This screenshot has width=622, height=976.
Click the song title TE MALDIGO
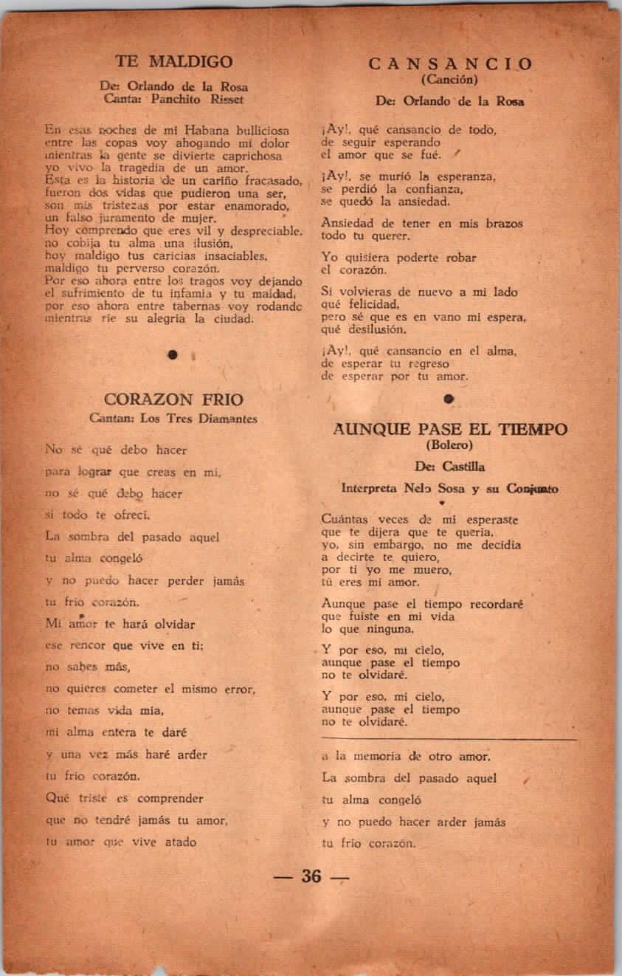pyautogui.click(x=174, y=61)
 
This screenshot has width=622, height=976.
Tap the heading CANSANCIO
pyautogui.click(x=450, y=64)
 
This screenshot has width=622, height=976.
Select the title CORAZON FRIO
pyautogui.click(x=174, y=400)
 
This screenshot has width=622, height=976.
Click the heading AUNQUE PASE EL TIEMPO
pyautogui.click(x=450, y=429)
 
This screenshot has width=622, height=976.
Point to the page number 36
pyautogui.click(x=311, y=876)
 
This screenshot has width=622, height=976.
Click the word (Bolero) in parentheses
pyautogui.click(x=449, y=445)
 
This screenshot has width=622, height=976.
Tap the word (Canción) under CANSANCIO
pyautogui.click(x=450, y=80)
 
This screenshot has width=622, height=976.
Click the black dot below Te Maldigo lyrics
pyautogui.click(x=173, y=355)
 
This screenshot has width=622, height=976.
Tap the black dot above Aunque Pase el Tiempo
pyautogui.click(x=448, y=399)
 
